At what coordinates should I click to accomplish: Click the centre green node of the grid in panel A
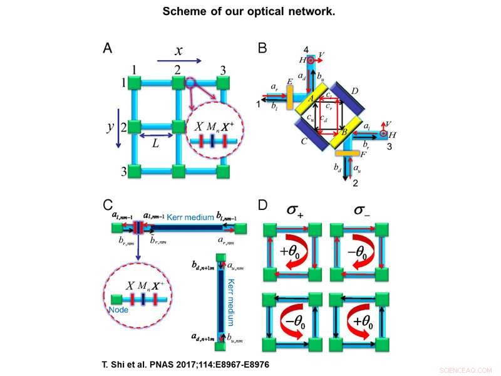(x=177, y=126)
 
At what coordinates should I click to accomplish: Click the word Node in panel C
(x=118, y=310)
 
